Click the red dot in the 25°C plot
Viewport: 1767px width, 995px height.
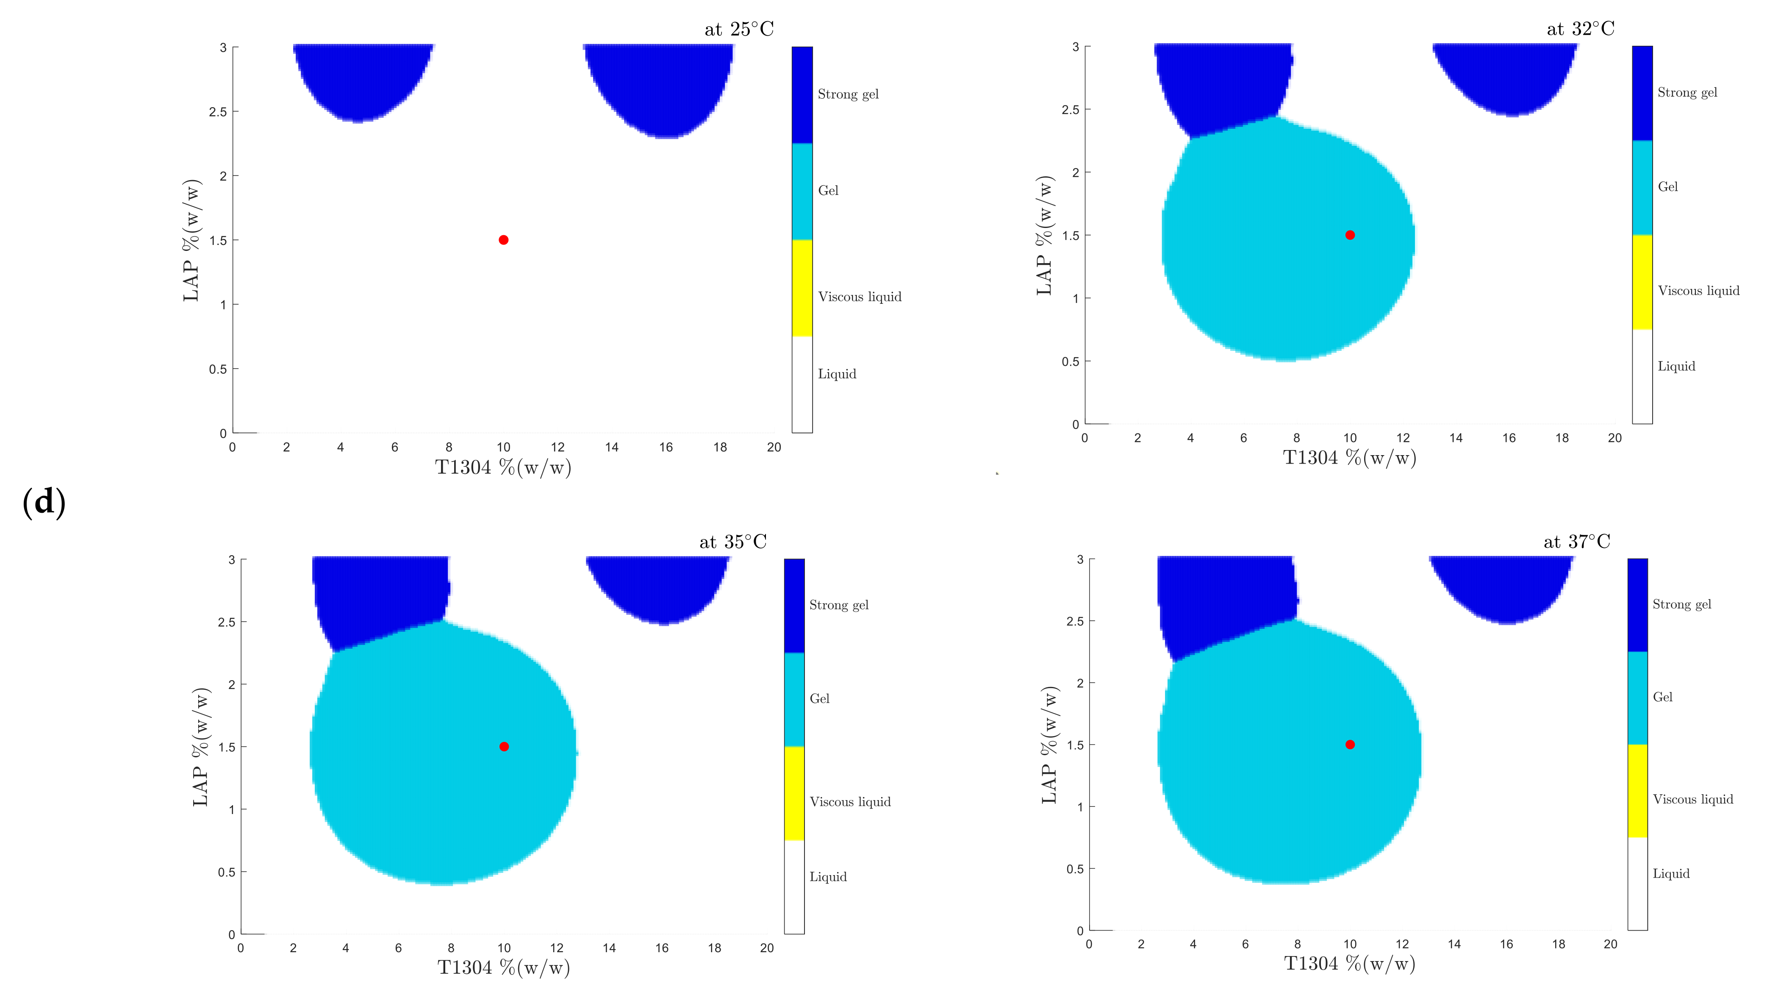click(x=503, y=239)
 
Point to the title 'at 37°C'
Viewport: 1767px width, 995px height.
click(x=1576, y=542)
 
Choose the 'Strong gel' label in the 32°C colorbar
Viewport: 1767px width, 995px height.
click(x=1687, y=93)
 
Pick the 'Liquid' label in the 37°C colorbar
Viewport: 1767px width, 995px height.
click(x=1671, y=873)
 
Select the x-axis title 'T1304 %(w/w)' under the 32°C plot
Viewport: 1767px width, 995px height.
click(x=1349, y=458)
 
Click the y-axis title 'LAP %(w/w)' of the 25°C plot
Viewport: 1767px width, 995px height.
click(x=191, y=240)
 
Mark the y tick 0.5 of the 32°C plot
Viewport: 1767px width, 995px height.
click(x=1070, y=361)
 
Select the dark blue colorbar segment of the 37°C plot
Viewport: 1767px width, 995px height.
click(x=1637, y=605)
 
